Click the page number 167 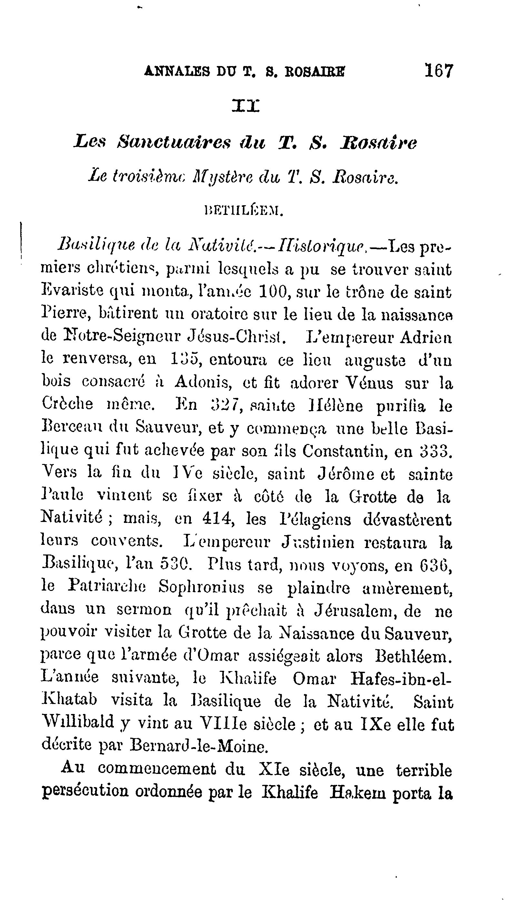click(x=439, y=71)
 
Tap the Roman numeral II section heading click(x=246, y=105)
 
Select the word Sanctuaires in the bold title click(x=174, y=143)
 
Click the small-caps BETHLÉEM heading click(x=244, y=211)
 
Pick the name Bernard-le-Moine click(x=197, y=746)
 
